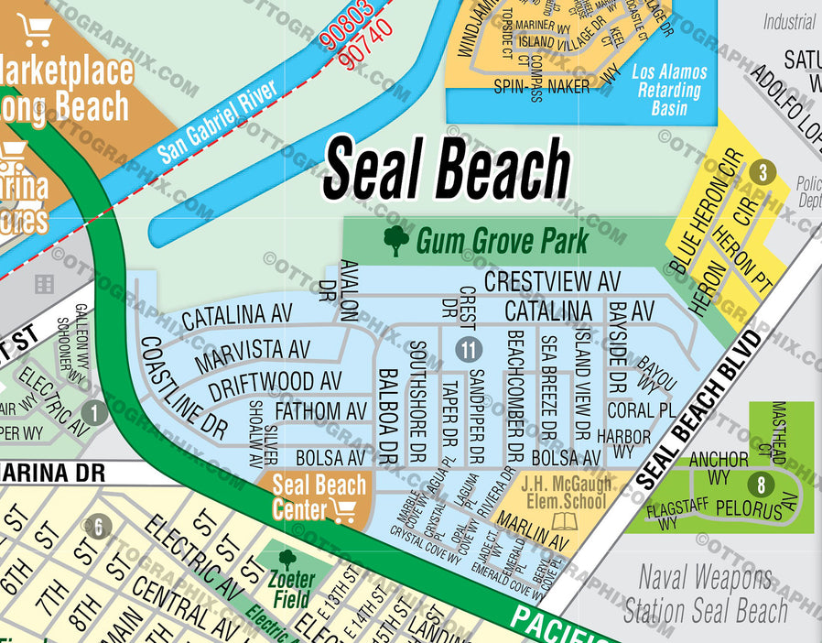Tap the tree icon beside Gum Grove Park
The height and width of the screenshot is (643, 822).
click(396, 241)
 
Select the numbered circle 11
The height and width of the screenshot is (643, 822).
click(468, 349)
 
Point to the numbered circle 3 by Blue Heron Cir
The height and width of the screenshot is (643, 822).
click(761, 172)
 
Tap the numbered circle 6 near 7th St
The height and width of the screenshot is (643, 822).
click(98, 527)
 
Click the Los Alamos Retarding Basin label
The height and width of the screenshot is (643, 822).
click(670, 90)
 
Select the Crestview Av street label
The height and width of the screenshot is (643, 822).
click(552, 280)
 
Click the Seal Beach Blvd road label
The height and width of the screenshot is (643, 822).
click(698, 410)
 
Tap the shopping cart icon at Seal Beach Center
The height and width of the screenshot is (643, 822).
click(345, 510)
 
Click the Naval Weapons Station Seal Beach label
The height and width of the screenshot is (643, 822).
click(705, 594)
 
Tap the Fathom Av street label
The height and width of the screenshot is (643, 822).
click(320, 410)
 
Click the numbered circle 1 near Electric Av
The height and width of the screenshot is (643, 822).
click(93, 411)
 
